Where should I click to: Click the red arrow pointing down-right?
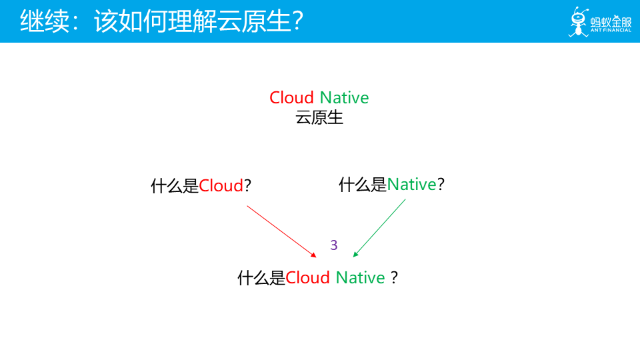281,231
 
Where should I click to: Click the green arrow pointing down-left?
379,228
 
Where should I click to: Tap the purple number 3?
334,245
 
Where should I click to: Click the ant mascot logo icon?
579,21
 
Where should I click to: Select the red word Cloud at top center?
291,97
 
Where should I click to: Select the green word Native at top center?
344,97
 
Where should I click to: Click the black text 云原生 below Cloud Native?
319,117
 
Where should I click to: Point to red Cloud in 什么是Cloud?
221,186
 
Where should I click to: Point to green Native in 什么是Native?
411,185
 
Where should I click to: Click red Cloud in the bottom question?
307,278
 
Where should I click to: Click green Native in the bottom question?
360,278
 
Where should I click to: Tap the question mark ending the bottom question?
394,278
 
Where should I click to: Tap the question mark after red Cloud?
247,186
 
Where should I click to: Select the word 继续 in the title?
45,21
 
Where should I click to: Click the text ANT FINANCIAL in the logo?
611,30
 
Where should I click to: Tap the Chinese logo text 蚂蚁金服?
611,21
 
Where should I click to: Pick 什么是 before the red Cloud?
175,186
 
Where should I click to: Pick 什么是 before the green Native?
363,185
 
